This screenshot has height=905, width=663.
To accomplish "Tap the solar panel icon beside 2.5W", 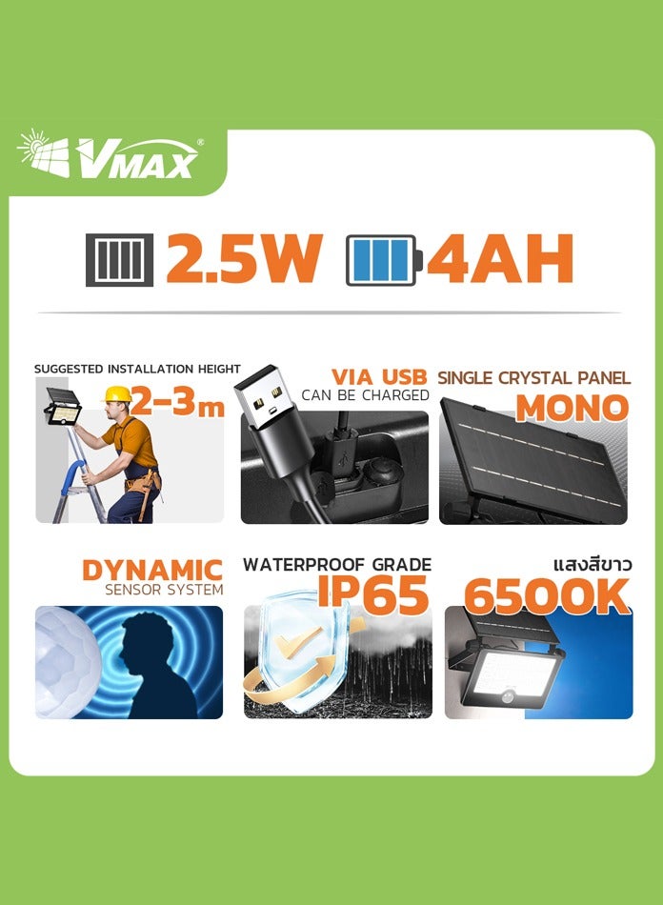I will [119, 258].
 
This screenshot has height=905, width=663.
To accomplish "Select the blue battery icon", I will [381, 258].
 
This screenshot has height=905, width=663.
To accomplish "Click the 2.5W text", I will [243, 258].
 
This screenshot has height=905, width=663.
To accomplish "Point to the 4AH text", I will [499, 258].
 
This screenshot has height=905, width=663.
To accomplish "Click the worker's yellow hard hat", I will [117, 394].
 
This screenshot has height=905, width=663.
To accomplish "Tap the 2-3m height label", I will [177, 403].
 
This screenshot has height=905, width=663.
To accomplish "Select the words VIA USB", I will [379, 376].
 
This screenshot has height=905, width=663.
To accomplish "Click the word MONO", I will [572, 408].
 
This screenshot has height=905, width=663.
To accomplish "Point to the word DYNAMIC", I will [152, 571].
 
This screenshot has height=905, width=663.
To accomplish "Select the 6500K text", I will [547, 596].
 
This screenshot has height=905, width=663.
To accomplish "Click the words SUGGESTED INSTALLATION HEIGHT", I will [137, 369].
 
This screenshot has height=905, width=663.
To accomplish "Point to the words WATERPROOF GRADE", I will [337, 565].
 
